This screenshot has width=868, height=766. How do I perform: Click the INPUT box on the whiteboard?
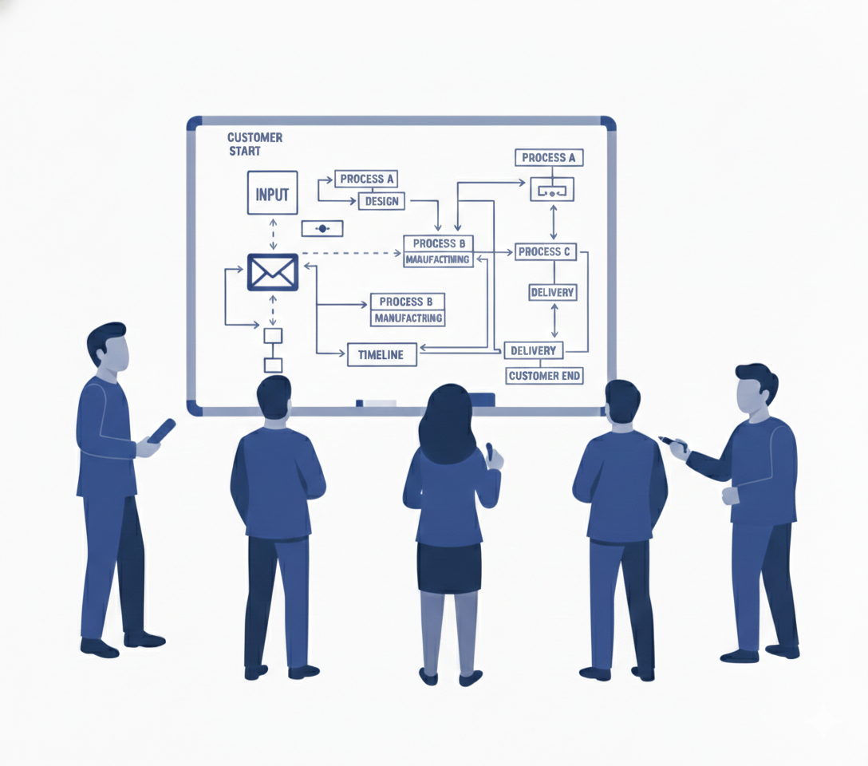(272, 193)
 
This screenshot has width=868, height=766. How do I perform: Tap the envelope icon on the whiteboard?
(273, 272)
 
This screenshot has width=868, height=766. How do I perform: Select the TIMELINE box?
(381, 354)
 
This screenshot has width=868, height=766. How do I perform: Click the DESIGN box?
(381, 201)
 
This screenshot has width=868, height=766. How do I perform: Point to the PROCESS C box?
(545, 251)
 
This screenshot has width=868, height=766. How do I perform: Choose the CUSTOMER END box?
(545, 375)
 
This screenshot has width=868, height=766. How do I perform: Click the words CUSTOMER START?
(254, 144)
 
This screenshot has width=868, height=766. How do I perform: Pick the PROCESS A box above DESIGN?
(366, 179)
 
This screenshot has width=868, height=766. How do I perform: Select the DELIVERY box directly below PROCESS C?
(552, 292)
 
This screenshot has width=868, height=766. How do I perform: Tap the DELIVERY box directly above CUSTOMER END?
(533, 350)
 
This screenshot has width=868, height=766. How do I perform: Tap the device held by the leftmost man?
(161, 431)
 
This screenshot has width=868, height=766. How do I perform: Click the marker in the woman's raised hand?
(489, 451)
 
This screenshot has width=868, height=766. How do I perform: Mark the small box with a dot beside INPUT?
(322, 228)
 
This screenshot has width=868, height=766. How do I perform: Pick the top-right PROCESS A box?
(549, 157)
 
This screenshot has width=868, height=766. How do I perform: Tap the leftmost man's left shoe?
(99, 648)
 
